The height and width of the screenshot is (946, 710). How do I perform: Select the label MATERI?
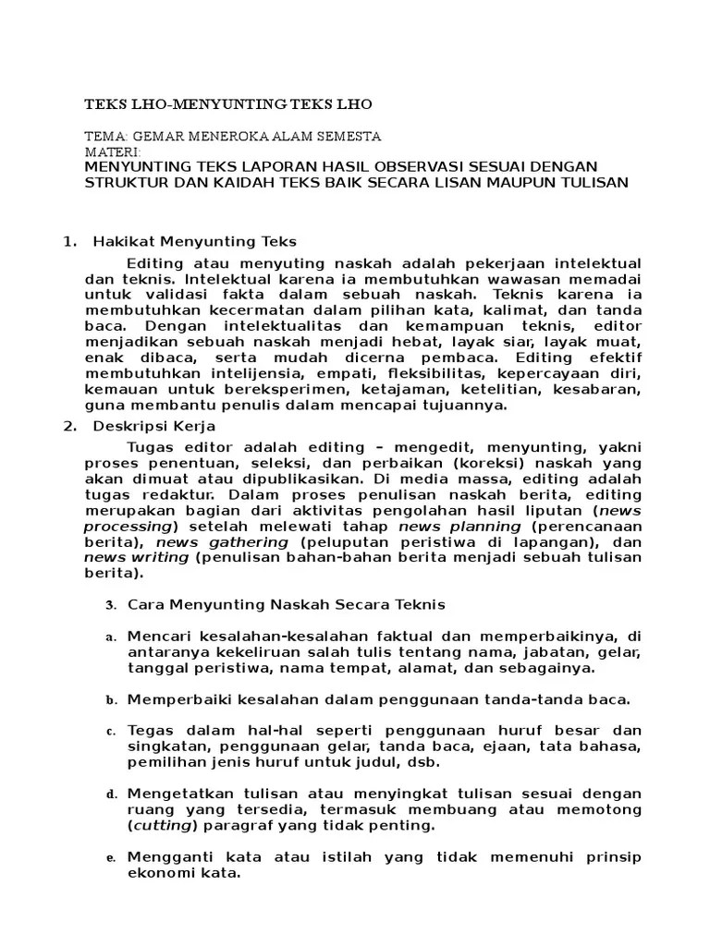coord(112,151)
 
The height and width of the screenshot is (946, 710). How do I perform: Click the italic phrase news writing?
coord(136,558)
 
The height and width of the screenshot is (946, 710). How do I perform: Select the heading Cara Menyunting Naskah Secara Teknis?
coord(286,605)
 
